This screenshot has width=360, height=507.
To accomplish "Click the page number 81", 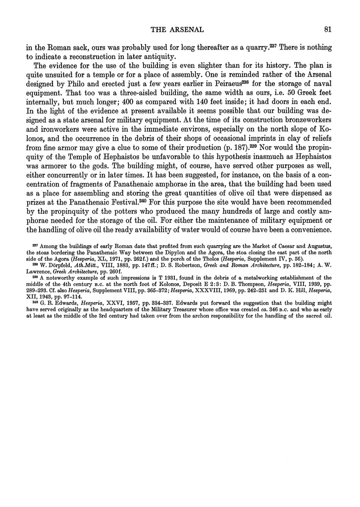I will (x=326, y=29).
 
